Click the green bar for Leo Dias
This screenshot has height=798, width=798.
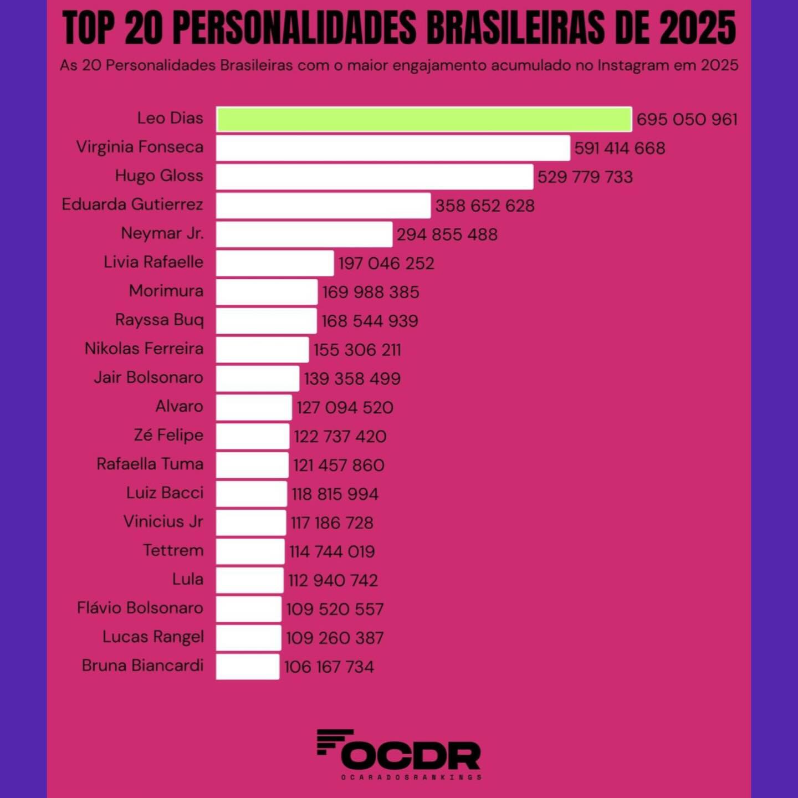(x=424, y=119)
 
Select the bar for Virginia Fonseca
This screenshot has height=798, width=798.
(x=393, y=148)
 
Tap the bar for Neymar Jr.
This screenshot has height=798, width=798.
(x=304, y=234)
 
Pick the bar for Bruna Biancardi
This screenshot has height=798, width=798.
(x=248, y=667)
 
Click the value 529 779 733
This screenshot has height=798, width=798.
(x=585, y=177)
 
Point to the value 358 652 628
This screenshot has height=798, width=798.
(x=485, y=206)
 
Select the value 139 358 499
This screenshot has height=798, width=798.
(x=352, y=378)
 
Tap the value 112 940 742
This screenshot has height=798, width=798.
(x=333, y=580)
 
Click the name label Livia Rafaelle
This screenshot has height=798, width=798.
(x=154, y=262)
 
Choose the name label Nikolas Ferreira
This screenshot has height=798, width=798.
(x=144, y=348)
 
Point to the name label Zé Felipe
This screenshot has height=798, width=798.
(x=168, y=435)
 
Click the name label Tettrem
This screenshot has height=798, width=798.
(x=173, y=550)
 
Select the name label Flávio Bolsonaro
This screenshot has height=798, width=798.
(x=140, y=608)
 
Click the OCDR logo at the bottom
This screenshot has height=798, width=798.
(x=399, y=754)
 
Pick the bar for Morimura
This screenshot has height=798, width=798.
(x=267, y=292)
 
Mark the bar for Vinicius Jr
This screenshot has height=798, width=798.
(x=251, y=523)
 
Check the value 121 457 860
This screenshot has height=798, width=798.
(x=339, y=465)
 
